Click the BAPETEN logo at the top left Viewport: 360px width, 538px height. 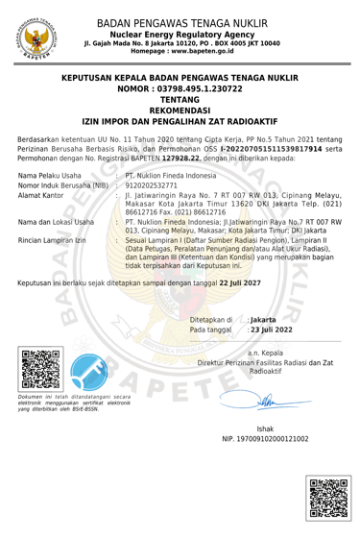(36, 37)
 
